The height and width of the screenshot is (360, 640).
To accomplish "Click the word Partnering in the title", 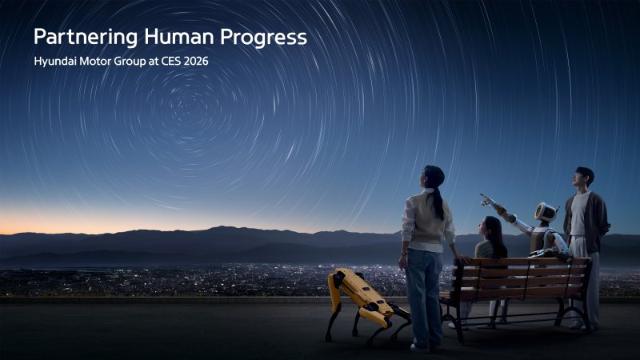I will pos(80,37).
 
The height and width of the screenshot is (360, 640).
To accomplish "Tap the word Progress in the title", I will pos(263,37).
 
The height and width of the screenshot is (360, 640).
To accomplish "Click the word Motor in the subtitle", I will pos(104,62).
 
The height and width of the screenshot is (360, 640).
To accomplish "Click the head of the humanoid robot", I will pos(546,212).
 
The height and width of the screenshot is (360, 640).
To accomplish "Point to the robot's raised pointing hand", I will pos(486,198).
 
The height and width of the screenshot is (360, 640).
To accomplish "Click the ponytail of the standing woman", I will pos(438,200).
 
